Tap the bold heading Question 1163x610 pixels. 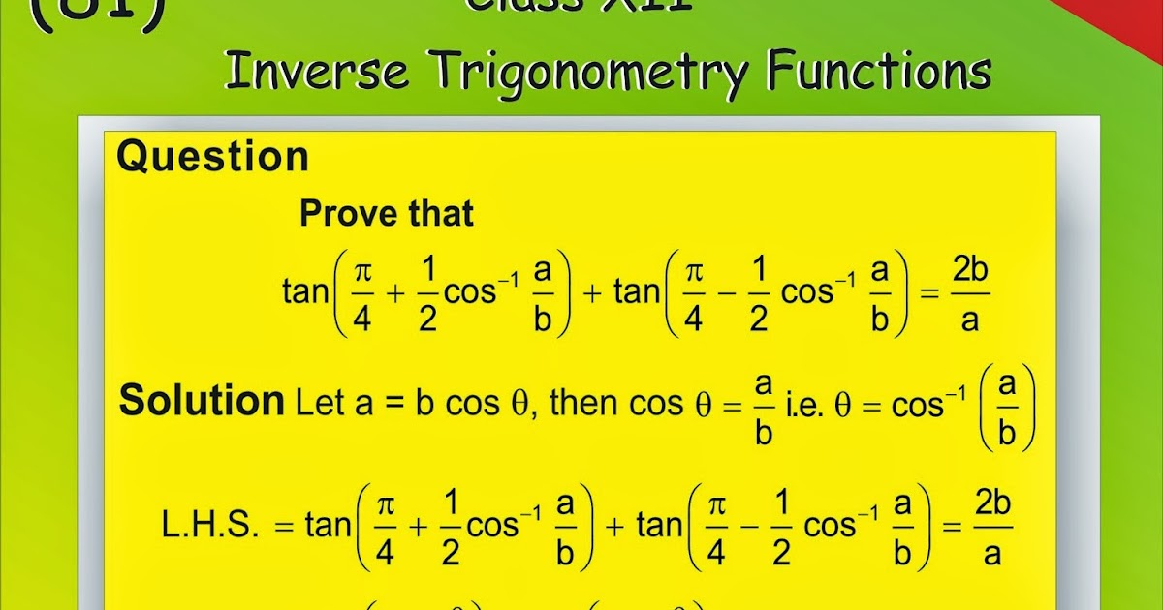click(x=212, y=157)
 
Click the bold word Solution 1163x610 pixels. click(x=201, y=400)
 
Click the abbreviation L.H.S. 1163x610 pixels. click(x=210, y=526)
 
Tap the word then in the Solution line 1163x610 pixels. click(x=587, y=403)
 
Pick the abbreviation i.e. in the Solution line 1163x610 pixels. click(x=801, y=403)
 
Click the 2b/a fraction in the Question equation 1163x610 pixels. click(x=969, y=295)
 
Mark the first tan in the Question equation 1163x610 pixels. click(x=305, y=291)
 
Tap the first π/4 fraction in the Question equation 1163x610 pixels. click(x=362, y=295)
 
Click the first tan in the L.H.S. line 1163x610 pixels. click(x=328, y=526)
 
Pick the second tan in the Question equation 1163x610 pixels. click(x=636, y=291)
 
